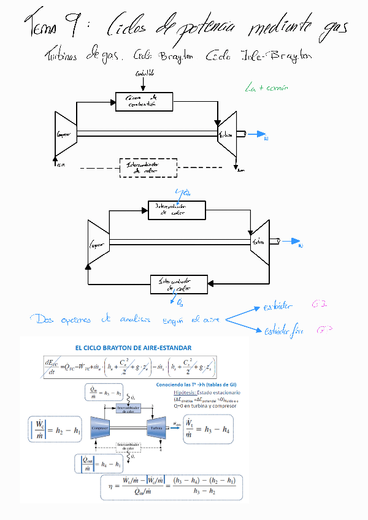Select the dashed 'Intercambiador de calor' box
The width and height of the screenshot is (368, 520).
(147, 168)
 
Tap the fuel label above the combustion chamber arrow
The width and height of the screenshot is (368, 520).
(145, 74)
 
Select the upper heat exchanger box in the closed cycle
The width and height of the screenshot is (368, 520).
(177, 210)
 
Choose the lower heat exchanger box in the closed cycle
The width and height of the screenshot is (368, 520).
(178, 285)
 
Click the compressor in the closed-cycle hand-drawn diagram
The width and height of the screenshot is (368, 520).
(98, 244)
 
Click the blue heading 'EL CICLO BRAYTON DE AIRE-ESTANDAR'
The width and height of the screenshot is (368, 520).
(133, 348)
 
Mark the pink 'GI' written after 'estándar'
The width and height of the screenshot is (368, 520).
(323, 304)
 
